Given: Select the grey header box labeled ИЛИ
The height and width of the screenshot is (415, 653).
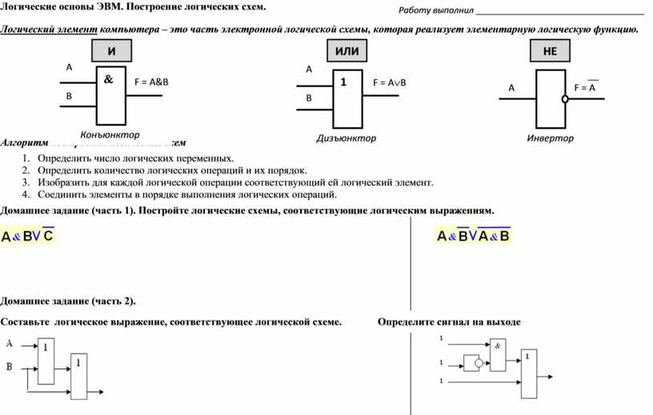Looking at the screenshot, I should tap(347, 51).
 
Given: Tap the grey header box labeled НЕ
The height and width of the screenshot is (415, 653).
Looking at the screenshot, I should tap(550, 51).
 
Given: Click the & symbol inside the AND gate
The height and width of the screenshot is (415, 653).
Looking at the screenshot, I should tap(108, 80).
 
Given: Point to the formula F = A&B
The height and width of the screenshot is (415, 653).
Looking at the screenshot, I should tap(151, 82).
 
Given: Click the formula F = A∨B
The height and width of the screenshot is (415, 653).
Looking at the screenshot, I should tap(390, 83).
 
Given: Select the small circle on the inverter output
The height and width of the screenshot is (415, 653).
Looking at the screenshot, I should tap(564, 99).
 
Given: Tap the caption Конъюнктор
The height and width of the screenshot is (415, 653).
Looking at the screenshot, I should tap(110, 134).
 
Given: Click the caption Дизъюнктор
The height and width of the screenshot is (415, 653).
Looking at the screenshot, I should tap(346, 138).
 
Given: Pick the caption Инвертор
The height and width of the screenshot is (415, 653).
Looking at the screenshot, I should tap(550, 138).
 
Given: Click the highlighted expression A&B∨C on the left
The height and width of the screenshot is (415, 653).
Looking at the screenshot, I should tap(28, 236).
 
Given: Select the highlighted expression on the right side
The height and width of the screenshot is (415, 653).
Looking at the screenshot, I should tap(473, 236).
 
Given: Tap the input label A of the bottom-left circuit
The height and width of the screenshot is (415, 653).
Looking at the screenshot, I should tap(10, 344).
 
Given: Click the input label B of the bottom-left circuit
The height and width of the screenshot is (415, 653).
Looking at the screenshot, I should tap(10, 367).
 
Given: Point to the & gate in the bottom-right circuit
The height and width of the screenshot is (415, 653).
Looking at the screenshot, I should tap(497, 354).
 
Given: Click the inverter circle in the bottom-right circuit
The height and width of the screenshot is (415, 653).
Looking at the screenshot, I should tap(479, 362).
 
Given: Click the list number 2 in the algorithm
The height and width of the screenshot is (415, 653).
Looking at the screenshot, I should tap(26, 170).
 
